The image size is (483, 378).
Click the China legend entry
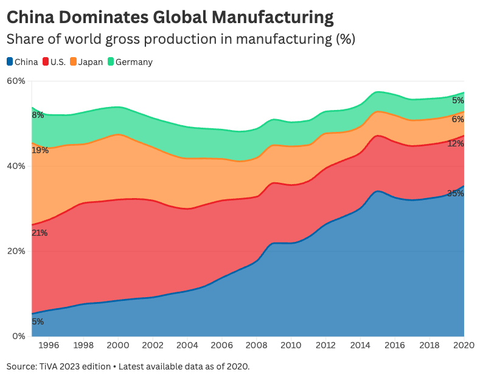pyautogui.click(x=23, y=62)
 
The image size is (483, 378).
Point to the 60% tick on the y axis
pyautogui.click(x=16, y=81)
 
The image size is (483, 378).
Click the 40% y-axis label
pyautogui.click(x=16, y=166)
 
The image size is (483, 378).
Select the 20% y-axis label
pyautogui.click(x=16, y=251)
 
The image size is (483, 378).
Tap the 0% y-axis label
pyautogui.click(x=18, y=336)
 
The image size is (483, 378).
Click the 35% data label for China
pyautogui.click(x=456, y=194)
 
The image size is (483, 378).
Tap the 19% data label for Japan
pyautogui.click(x=40, y=150)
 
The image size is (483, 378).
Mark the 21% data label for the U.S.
pyautogui.click(x=40, y=233)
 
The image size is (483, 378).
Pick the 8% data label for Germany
pyautogui.click(x=38, y=115)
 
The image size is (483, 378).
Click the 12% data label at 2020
pyautogui.click(x=456, y=144)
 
